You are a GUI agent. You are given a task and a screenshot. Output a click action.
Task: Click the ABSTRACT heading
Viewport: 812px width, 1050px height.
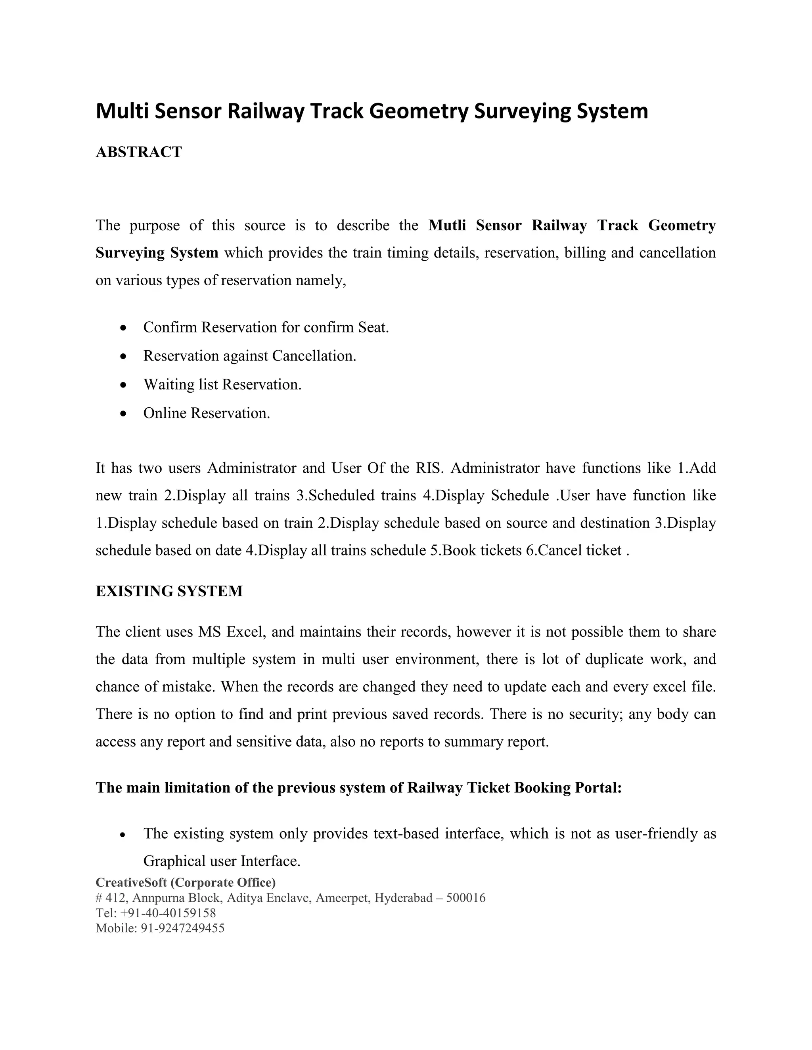pos(138,152)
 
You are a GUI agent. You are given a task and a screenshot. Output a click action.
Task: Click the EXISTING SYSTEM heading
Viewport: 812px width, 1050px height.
pos(169,591)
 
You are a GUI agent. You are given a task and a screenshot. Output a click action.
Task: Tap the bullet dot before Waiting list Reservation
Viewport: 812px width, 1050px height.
pos(124,386)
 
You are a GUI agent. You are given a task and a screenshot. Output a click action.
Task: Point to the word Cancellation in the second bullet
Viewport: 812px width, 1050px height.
pos(313,356)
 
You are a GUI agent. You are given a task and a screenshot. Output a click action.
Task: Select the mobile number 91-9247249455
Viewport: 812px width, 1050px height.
pos(182,928)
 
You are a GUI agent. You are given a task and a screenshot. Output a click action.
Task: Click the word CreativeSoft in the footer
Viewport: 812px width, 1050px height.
pos(131,883)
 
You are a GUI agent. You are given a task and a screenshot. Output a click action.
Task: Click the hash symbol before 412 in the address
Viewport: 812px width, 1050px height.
pos(99,897)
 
